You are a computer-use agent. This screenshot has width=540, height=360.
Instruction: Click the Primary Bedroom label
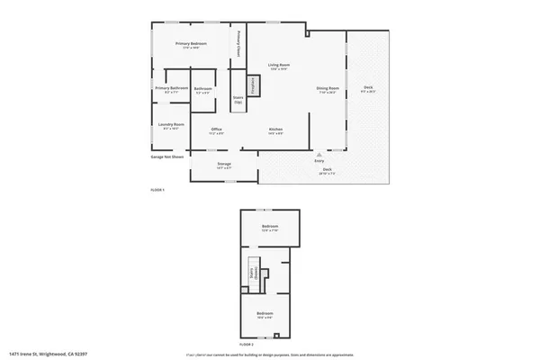tap(191, 45)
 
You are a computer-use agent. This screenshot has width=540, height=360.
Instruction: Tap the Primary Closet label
tap(238, 44)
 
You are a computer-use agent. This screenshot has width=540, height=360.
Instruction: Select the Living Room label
tap(279, 66)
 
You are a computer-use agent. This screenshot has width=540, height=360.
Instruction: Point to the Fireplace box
tap(253, 85)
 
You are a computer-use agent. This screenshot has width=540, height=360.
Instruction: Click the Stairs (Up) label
tap(238, 100)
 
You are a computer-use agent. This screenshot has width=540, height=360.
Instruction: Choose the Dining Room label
tap(327, 89)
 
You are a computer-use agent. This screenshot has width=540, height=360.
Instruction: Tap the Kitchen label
tap(276, 130)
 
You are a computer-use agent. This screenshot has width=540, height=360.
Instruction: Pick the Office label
tap(217, 130)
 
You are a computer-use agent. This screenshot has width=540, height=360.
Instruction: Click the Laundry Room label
tap(171, 125)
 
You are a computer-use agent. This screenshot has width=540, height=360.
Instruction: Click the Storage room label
tap(224, 165)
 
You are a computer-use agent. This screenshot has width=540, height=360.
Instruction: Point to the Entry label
tap(319, 161)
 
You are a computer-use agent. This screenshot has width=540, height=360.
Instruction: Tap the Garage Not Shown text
tap(167, 157)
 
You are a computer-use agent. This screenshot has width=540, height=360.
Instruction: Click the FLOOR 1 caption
tap(157, 190)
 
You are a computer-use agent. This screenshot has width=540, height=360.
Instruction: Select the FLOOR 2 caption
tap(247, 345)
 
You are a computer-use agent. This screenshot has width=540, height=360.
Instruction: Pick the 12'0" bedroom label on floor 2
tap(269, 227)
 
